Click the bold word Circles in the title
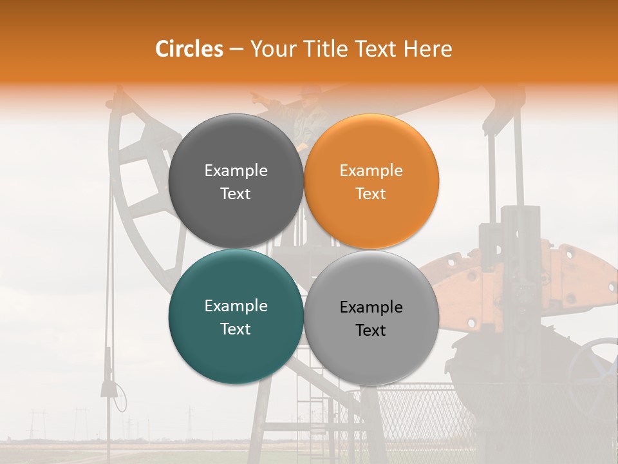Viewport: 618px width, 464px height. click(189, 49)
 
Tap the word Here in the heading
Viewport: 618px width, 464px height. click(428, 49)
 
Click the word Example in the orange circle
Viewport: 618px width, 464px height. click(371, 171)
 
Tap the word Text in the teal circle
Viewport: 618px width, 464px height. click(236, 329)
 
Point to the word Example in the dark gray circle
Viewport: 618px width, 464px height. click(236, 171)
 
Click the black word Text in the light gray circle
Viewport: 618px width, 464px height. click(371, 331)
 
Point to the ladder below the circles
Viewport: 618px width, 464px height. click(309, 400)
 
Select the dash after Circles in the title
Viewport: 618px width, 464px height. click(236, 49)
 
